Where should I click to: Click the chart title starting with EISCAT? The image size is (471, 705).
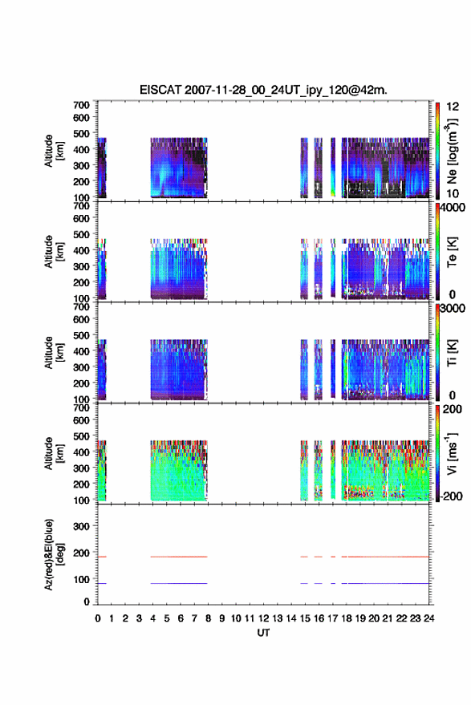263,90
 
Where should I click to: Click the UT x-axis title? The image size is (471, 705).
263,633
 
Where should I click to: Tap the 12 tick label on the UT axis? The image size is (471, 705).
264,618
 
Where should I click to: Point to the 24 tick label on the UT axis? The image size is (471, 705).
428,618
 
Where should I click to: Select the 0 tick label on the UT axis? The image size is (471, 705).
98,618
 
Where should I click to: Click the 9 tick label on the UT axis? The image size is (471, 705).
221,618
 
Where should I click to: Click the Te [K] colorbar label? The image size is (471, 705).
452,252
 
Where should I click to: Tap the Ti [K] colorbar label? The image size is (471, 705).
452,353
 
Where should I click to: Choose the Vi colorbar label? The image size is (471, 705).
452,454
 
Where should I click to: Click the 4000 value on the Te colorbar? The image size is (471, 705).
453,208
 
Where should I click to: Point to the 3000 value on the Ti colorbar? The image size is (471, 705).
453,309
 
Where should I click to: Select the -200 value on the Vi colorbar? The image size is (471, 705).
452,496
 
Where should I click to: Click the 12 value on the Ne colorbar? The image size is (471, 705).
453,107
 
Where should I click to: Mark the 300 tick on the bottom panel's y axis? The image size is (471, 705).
81,526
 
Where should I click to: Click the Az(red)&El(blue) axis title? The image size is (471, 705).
54,554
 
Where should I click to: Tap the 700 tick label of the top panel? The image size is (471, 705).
81,105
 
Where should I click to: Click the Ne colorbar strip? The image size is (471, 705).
438,151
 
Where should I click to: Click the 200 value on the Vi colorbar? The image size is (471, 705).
452,409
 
